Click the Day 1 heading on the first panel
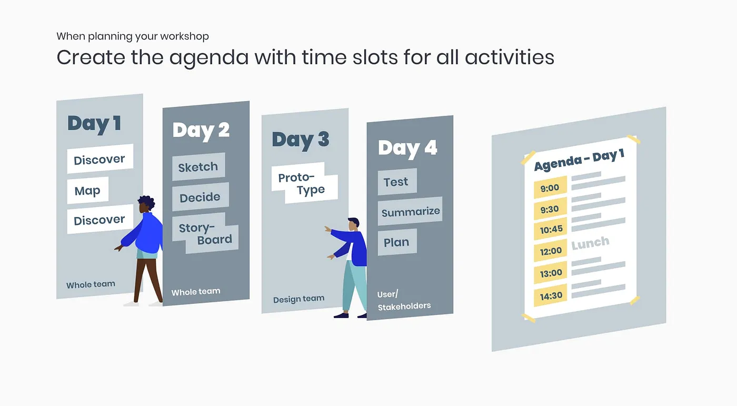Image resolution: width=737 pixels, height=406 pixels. pos(94,123)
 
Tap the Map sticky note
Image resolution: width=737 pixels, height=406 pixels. pos(88,190)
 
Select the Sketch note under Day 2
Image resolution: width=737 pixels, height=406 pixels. pos(199,166)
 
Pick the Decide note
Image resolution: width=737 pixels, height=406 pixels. pos(201,197)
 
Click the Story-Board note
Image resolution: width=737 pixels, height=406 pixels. pos(205,233)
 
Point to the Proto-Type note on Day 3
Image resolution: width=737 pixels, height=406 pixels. pos(304,183)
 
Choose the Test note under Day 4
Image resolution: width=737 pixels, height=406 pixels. pos(397,182)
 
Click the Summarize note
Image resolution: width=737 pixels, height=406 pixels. pos(410,211)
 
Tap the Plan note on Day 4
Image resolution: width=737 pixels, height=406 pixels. pos(397,242)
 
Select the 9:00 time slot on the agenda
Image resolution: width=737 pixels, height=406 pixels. pos(550,187)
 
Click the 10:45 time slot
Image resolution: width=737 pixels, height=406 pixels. pos(551,229)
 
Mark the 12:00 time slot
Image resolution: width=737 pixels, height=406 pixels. pos(551,251)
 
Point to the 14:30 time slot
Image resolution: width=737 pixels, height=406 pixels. pos(551,295)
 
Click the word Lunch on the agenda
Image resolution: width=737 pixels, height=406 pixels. pos(590,243)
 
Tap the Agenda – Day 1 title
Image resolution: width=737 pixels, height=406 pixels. pos(579,160)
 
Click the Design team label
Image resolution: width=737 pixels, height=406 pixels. pos(298,299)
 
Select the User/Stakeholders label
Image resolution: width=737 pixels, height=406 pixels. pos(404,300)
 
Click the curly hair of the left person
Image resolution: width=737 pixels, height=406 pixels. pos(147,201)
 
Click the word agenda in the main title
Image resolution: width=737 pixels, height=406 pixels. pos(209,58)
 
